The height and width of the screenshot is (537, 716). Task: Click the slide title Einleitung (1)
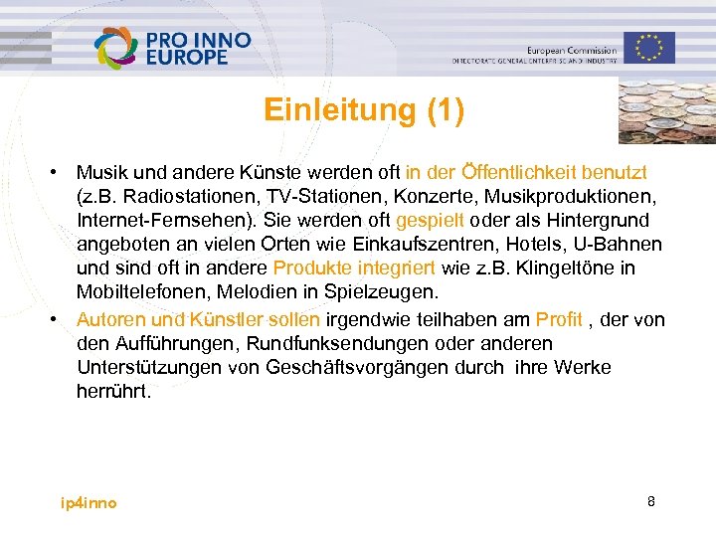pos(364,109)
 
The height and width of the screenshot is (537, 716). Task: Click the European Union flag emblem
pos(649,46)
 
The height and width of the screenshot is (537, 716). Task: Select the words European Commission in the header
pos(570,50)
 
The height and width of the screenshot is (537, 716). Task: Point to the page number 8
pos(650,501)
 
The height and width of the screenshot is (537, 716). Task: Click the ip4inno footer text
pos(89,503)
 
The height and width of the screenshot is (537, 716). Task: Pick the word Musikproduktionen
pos(579,196)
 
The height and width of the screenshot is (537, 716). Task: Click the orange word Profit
pos(559,319)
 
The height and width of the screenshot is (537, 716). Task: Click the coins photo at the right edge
pos(666,110)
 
